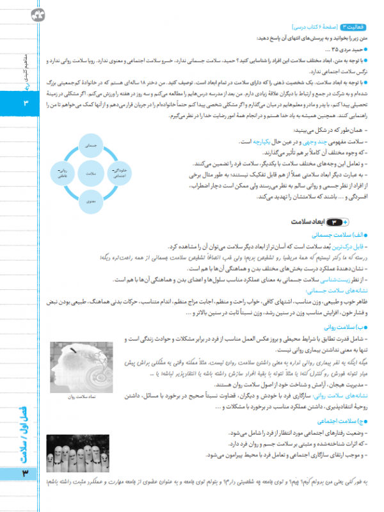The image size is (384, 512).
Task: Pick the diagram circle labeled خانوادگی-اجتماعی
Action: click(x=120, y=173)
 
